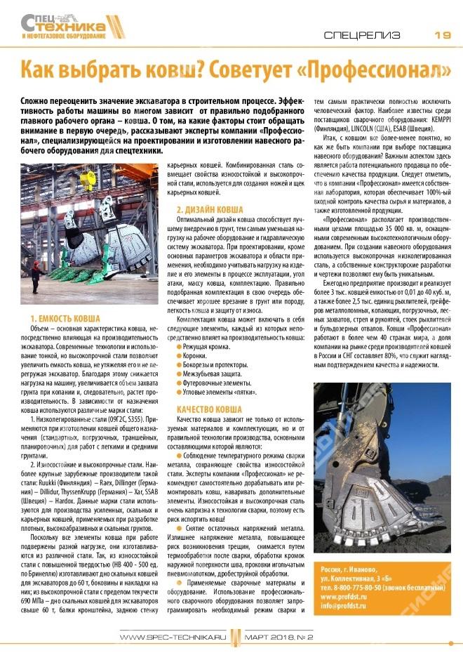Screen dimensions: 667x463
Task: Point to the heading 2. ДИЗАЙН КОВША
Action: (x=210, y=209)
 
